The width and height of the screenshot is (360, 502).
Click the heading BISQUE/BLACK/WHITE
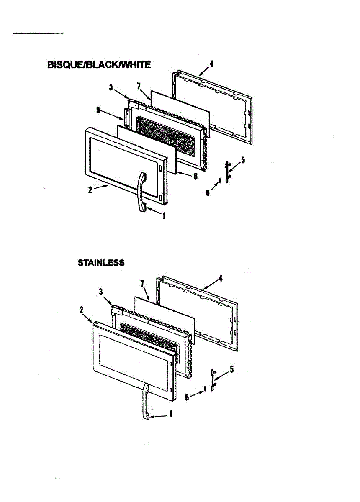click(x=98, y=65)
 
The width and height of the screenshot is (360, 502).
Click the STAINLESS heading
click(x=101, y=263)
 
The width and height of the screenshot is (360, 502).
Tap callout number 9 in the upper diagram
click(x=98, y=110)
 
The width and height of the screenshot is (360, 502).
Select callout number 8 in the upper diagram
click(x=195, y=177)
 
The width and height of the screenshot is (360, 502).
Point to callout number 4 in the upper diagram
click(x=211, y=64)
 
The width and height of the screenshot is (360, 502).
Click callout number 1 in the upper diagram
click(x=164, y=216)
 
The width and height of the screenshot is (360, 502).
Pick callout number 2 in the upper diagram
click(x=90, y=190)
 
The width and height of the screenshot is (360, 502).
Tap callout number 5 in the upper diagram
click(x=243, y=160)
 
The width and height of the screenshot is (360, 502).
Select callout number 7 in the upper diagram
click(x=139, y=86)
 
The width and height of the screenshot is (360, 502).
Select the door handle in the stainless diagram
click(x=145, y=402)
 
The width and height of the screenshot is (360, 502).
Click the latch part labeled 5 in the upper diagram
click(x=227, y=172)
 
